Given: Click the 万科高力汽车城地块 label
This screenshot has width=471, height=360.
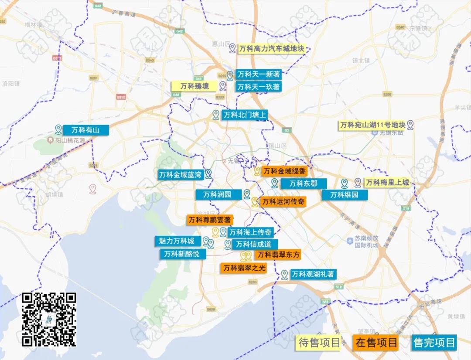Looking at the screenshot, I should [x=271, y=49].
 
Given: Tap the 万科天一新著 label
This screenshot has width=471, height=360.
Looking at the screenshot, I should [x=258, y=75].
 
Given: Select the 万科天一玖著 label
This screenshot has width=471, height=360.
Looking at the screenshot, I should [x=258, y=87].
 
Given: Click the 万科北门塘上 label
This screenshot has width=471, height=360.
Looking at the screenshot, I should [x=245, y=115].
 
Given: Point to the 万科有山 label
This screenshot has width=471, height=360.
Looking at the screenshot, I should [x=85, y=130].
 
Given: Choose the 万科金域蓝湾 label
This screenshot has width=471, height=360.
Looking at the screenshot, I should [x=180, y=175].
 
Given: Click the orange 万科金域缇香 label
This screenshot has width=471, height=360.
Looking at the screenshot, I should [x=284, y=171].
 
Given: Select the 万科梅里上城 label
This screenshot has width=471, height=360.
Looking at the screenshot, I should [x=387, y=183].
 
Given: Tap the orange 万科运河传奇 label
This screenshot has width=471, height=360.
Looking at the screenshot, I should [x=283, y=202].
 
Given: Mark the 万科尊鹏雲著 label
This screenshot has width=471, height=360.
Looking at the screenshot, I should [x=209, y=220].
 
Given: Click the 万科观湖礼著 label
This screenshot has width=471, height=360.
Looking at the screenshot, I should [x=313, y=275].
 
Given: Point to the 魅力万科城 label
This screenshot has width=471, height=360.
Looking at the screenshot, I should [x=177, y=241].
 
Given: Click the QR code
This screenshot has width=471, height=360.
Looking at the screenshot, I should [x=49, y=319].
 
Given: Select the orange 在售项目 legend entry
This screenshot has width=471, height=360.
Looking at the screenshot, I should [x=376, y=343].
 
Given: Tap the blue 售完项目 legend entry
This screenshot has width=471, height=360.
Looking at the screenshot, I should [x=434, y=343].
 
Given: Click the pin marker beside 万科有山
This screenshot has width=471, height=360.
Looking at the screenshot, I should [x=58, y=129].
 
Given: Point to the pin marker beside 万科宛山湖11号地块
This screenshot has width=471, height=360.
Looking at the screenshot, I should [x=410, y=125].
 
